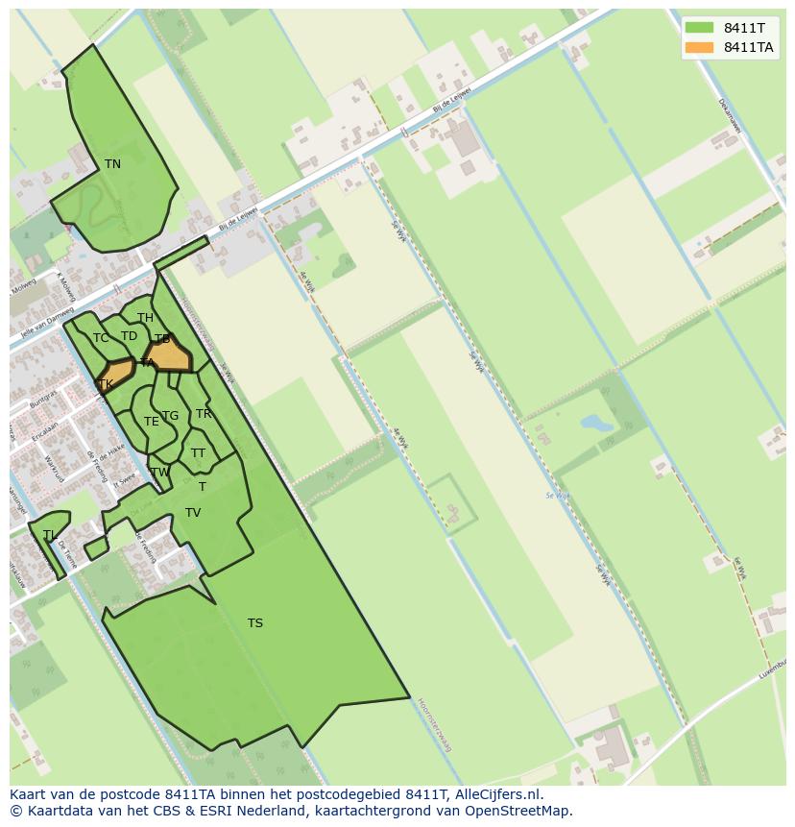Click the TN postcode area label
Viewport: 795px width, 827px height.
pos(112,164)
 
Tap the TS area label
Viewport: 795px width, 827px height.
pos(254,623)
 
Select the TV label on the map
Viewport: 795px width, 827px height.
pos(193,513)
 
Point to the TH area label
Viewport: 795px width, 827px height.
pos(145,318)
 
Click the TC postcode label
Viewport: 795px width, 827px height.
pos(101,338)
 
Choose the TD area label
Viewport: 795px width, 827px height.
pos(129,336)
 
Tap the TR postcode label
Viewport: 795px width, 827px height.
pos(204,414)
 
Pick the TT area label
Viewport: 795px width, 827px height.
pos(198,453)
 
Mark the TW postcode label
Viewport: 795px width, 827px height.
pos(159,472)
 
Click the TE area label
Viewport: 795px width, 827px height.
pos(152,422)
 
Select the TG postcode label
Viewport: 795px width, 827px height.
pos(170,416)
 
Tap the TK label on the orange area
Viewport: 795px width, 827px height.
pos(106,384)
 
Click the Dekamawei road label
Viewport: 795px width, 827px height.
pos(730,114)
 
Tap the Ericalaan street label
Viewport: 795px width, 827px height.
pos(44,429)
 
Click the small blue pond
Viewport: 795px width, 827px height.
pos(596,423)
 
